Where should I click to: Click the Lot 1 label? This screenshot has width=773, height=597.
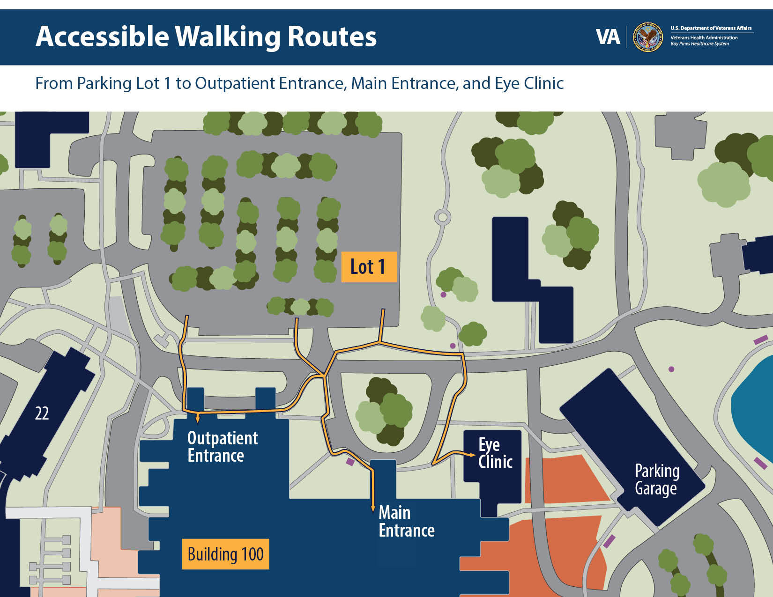pos(369,267)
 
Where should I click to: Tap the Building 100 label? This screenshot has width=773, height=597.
pos(225,554)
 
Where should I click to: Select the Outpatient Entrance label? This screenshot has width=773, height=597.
pos(222,447)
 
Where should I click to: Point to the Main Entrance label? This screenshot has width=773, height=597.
pos(406,521)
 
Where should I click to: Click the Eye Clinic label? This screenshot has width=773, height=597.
pos(495,453)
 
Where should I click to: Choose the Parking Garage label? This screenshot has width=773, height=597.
pos(657,479)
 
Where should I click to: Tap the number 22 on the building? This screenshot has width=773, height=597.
pos(42,413)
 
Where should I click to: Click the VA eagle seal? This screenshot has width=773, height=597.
pos(648,37)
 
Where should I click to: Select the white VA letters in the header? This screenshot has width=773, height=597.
pos(608,37)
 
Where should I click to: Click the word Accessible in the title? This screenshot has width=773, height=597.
pos(102,37)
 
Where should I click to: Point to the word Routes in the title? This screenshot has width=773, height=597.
pos(332,37)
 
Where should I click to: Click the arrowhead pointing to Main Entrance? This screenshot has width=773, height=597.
pos(373,509)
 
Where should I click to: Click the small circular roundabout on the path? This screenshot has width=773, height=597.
pos(442,217)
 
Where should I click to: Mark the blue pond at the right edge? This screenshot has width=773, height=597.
pos(754,412)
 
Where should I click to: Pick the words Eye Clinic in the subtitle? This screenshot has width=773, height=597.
pos(529,83)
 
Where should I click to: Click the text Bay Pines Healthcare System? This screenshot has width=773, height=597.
pos(699,44)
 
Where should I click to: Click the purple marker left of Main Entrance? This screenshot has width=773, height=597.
pos(350,462)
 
